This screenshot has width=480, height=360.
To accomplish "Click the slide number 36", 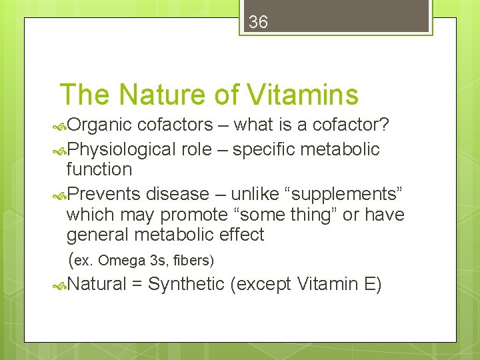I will [x=258, y=23].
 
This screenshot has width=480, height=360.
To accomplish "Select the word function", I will [x=99, y=170].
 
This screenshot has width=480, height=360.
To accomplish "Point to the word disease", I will [x=177, y=194].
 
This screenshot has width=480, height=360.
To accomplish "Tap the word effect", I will [x=243, y=235].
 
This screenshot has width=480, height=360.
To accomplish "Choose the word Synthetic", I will [x=186, y=285].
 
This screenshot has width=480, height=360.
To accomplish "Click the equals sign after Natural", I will [x=137, y=285].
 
